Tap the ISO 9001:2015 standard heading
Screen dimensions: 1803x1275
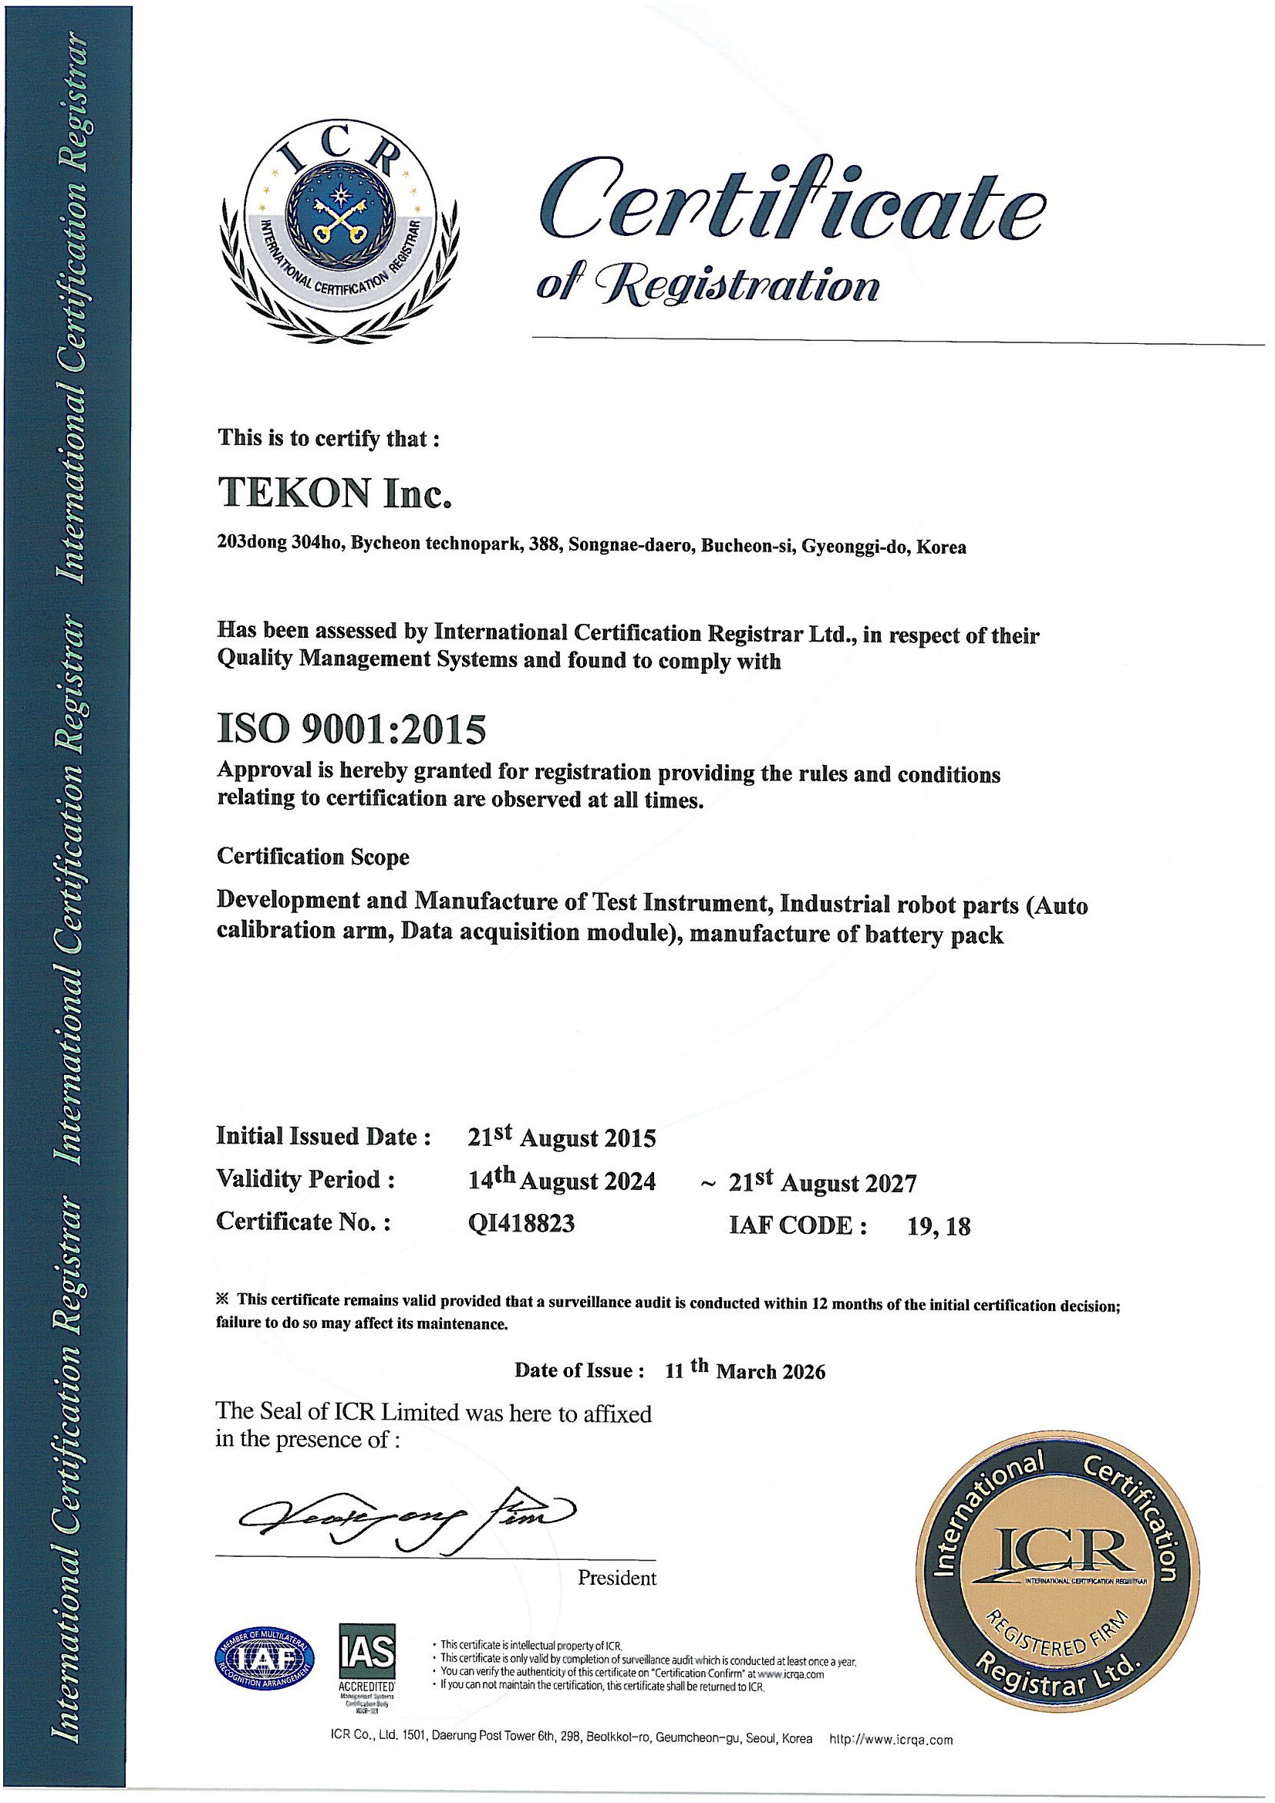point(351,730)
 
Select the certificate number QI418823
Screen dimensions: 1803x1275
point(521,1222)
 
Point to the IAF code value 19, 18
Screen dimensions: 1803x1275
point(939,1226)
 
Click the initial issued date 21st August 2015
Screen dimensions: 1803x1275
point(562,1136)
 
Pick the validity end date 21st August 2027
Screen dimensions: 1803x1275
point(822,1182)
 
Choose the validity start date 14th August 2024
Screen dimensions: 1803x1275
point(562,1179)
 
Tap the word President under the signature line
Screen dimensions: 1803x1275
point(617,1577)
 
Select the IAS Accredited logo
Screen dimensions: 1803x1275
point(366,1655)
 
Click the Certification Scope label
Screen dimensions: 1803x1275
point(312,856)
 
